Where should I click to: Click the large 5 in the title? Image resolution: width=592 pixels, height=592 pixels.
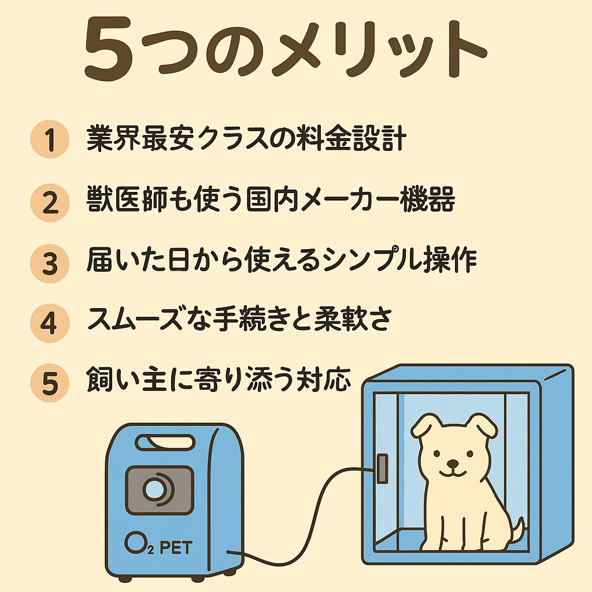click(x=108, y=49)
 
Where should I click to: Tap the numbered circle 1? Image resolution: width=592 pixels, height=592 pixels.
click(x=50, y=139)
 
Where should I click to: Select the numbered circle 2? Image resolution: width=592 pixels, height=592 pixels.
click(x=50, y=202)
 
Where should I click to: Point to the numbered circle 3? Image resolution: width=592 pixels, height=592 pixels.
click(x=50, y=263)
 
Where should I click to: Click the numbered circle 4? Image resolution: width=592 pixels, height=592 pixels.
click(x=50, y=323)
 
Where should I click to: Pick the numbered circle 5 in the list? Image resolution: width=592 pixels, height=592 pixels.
click(x=50, y=383)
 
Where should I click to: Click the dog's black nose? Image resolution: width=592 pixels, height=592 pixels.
click(x=452, y=463)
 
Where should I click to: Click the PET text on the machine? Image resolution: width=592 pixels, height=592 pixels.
click(x=176, y=547)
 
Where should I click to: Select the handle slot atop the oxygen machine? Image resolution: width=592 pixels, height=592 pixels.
click(x=165, y=442)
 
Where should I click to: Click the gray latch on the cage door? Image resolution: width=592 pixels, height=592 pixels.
click(x=382, y=468)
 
